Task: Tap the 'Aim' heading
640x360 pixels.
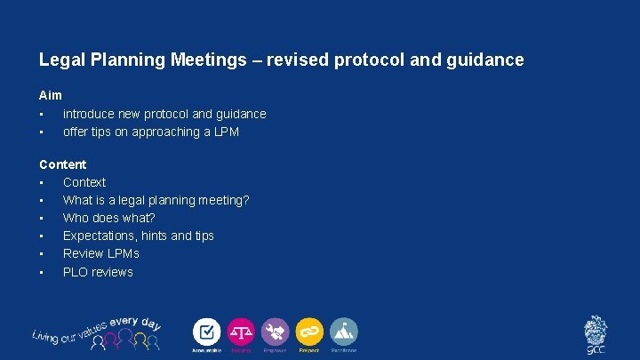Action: pyautogui.click(x=51, y=95)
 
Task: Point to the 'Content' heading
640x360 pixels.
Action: pyautogui.click(x=63, y=164)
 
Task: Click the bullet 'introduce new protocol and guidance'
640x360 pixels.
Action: pyautogui.click(x=164, y=114)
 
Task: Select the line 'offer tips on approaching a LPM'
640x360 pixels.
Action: pyautogui.click(x=151, y=132)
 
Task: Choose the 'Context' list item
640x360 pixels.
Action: pyautogui.click(x=84, y=182)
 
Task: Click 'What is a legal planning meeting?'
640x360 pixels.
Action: pyautogui.click(x=156, y=200)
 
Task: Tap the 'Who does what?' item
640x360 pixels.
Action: pyautogui.click(x=109, y=218)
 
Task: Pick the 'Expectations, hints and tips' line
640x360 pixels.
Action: pyautogui.click(x=139, y=236)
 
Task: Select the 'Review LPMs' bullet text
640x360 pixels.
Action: pyautogui.click(x=101, y=253)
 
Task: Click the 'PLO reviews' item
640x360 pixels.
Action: pyautogui.click(x=98, y=272)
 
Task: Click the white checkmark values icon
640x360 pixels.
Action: pyautogui.click(x=207, y=332)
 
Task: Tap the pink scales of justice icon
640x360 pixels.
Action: pyautogui.click(x=241, y=332)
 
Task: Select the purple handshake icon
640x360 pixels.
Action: pyautogui.click(x=276, y=332)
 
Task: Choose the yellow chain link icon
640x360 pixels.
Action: pyautogui.click(x=309, y=332)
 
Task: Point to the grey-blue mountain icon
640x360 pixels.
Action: pyautogui.click(x=344, y=332)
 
